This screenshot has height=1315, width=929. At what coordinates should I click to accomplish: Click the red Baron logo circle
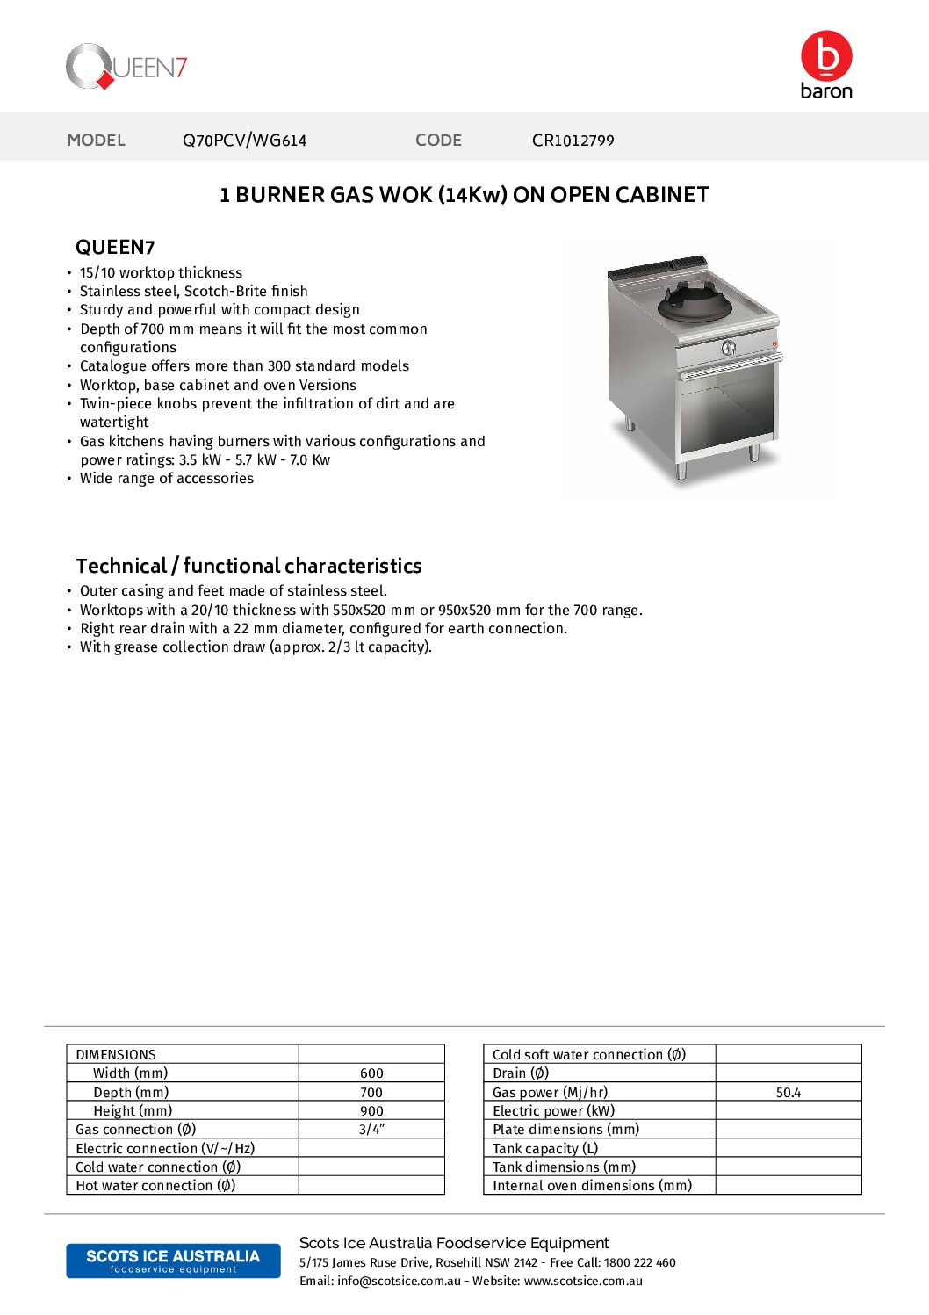pos(826,56)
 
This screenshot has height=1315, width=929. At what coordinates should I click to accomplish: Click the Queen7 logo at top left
pos(126,67)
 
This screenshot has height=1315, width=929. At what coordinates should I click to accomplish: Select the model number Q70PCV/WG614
pos(244,141)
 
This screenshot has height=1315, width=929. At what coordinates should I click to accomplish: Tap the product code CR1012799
pos(573,141)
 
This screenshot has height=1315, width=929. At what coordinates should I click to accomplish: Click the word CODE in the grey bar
pos(438,141)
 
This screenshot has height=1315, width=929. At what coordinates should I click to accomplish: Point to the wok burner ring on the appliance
pos(694,304)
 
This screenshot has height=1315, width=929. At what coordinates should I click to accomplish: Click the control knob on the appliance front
pos(728,348)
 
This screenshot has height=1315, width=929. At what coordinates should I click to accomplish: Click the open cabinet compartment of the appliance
pos(727,413)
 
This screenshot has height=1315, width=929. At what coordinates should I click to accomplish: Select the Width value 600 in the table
pos(371,1073)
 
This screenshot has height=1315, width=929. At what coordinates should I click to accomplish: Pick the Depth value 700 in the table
pos(371,1093)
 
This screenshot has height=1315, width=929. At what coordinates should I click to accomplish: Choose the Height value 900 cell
pos(371,1111)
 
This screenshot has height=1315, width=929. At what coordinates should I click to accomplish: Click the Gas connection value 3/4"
pos(371,1130)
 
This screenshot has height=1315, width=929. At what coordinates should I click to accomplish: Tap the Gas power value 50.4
pos(788,1093)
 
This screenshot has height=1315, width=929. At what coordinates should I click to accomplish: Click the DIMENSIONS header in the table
pos(116,1054)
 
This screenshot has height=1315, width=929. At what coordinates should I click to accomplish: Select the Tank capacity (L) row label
pos(545,1149)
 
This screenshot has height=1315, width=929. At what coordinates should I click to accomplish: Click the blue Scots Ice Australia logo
pos(173,1261)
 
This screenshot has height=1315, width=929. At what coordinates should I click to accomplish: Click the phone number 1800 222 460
pos(639,1262)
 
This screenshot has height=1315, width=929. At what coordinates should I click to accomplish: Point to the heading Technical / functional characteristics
pos(248,566)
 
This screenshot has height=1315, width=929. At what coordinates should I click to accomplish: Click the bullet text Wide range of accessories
pos(167,479)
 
